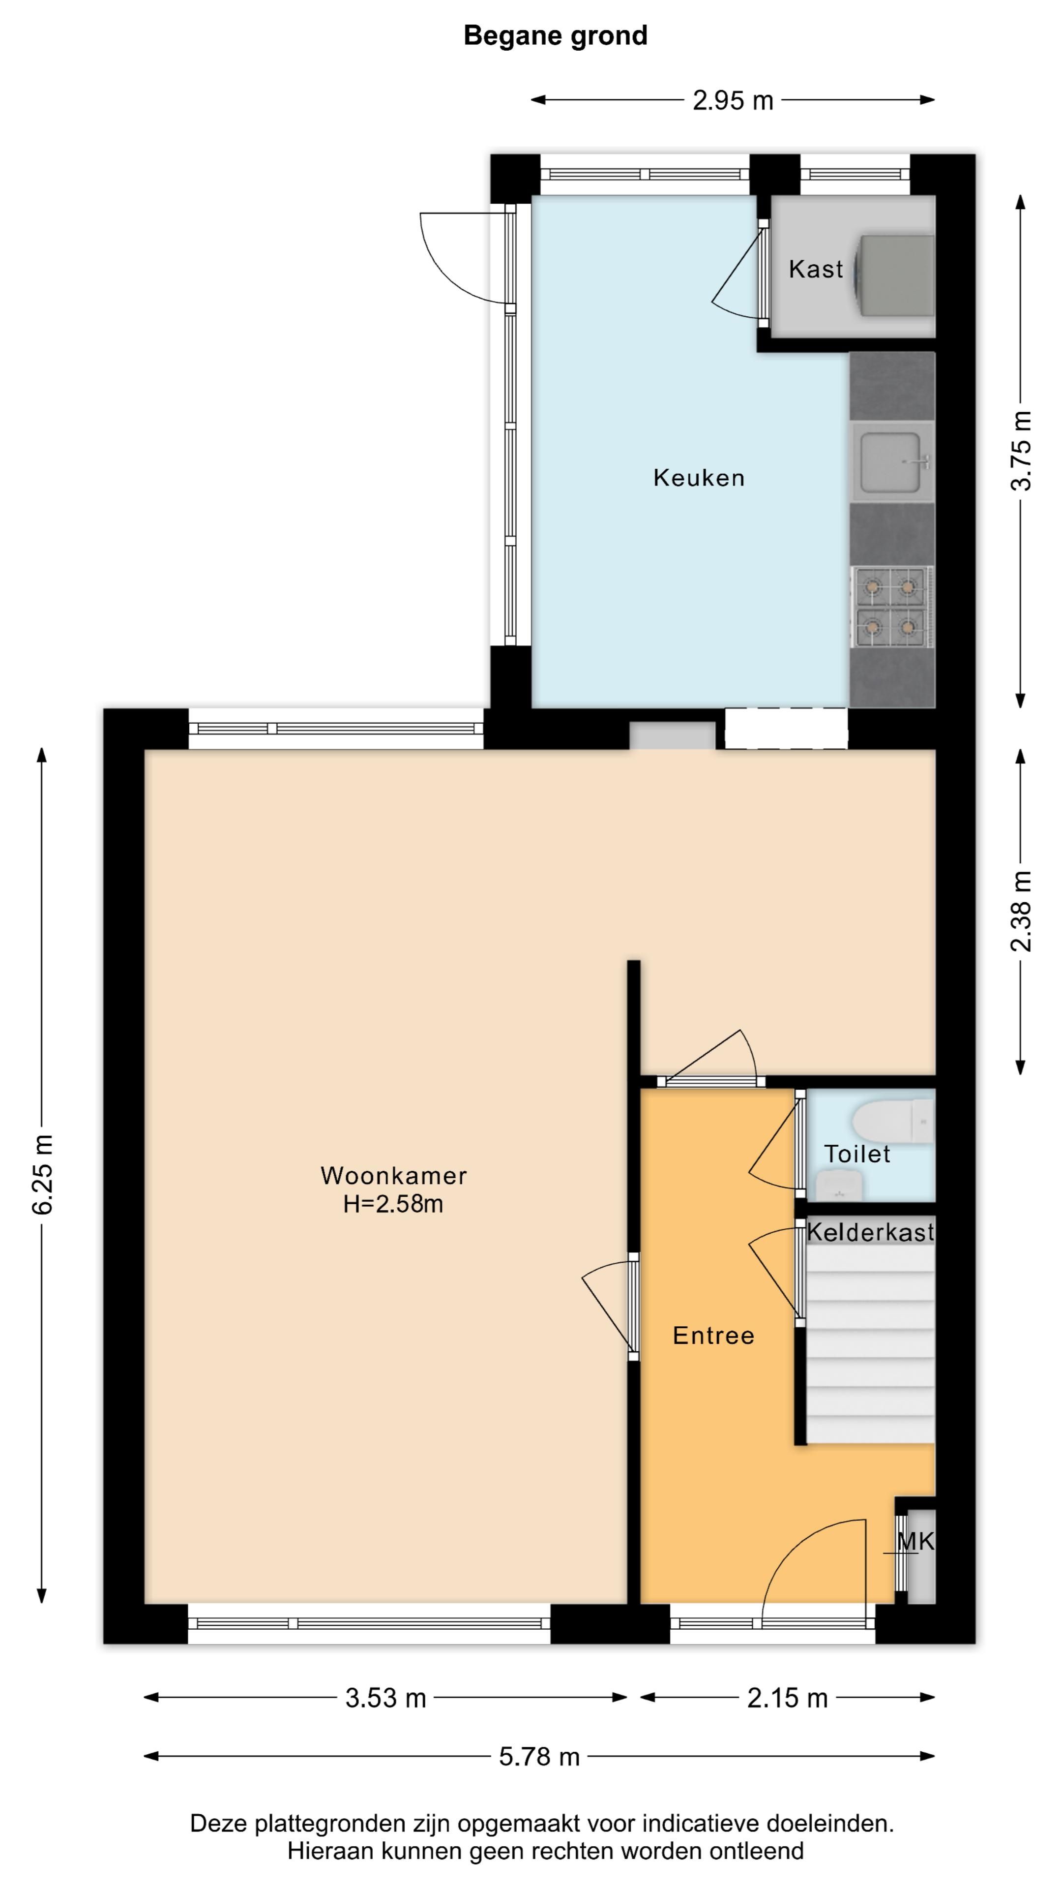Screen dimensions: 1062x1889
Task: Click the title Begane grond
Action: (x=556, y=36)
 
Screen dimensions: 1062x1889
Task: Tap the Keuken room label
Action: (x=699, y=478)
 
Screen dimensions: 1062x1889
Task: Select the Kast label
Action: (x=816, y=269)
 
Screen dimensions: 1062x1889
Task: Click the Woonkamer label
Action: (x=393, y=1176)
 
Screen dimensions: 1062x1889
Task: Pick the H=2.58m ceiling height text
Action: (x=393, y=1204)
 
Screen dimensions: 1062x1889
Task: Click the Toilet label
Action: (x=857, y=1154)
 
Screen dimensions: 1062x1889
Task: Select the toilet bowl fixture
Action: (x=893, y=1121)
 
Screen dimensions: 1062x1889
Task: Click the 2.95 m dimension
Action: (x=733, y=100)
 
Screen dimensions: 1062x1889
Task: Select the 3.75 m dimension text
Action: (x=1021, y=450)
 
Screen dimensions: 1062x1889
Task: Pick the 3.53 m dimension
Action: (x=385, y=1698)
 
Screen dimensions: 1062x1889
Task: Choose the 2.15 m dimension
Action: (x=787, y=1698)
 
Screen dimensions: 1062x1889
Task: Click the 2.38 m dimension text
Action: (x=1021, y=912)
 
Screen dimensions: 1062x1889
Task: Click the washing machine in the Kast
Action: (x=896, y=275)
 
